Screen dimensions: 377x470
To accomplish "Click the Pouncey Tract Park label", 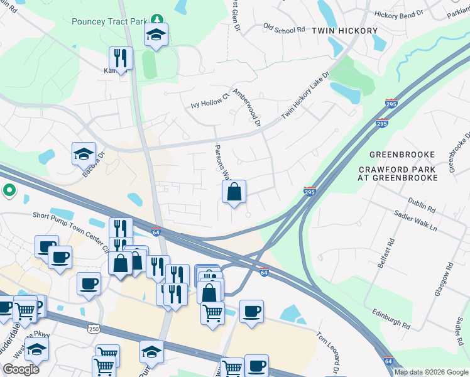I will coord(109,21).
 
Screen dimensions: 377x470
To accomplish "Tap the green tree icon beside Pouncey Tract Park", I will coord(157,21).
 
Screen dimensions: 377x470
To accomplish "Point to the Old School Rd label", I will coord(284,29).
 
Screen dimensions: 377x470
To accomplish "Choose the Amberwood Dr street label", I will coord(246,107).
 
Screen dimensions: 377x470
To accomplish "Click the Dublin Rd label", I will coord(422,204).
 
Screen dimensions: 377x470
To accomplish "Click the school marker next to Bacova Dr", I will coord(84,153).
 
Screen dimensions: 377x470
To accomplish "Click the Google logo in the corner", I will coord(21,369).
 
